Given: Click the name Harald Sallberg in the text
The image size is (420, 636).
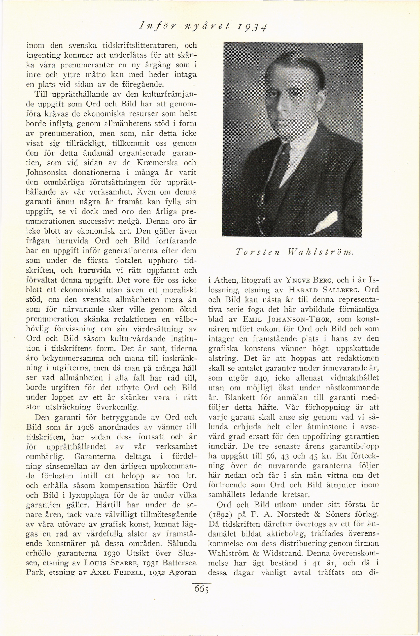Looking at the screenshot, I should coord(322,290).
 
